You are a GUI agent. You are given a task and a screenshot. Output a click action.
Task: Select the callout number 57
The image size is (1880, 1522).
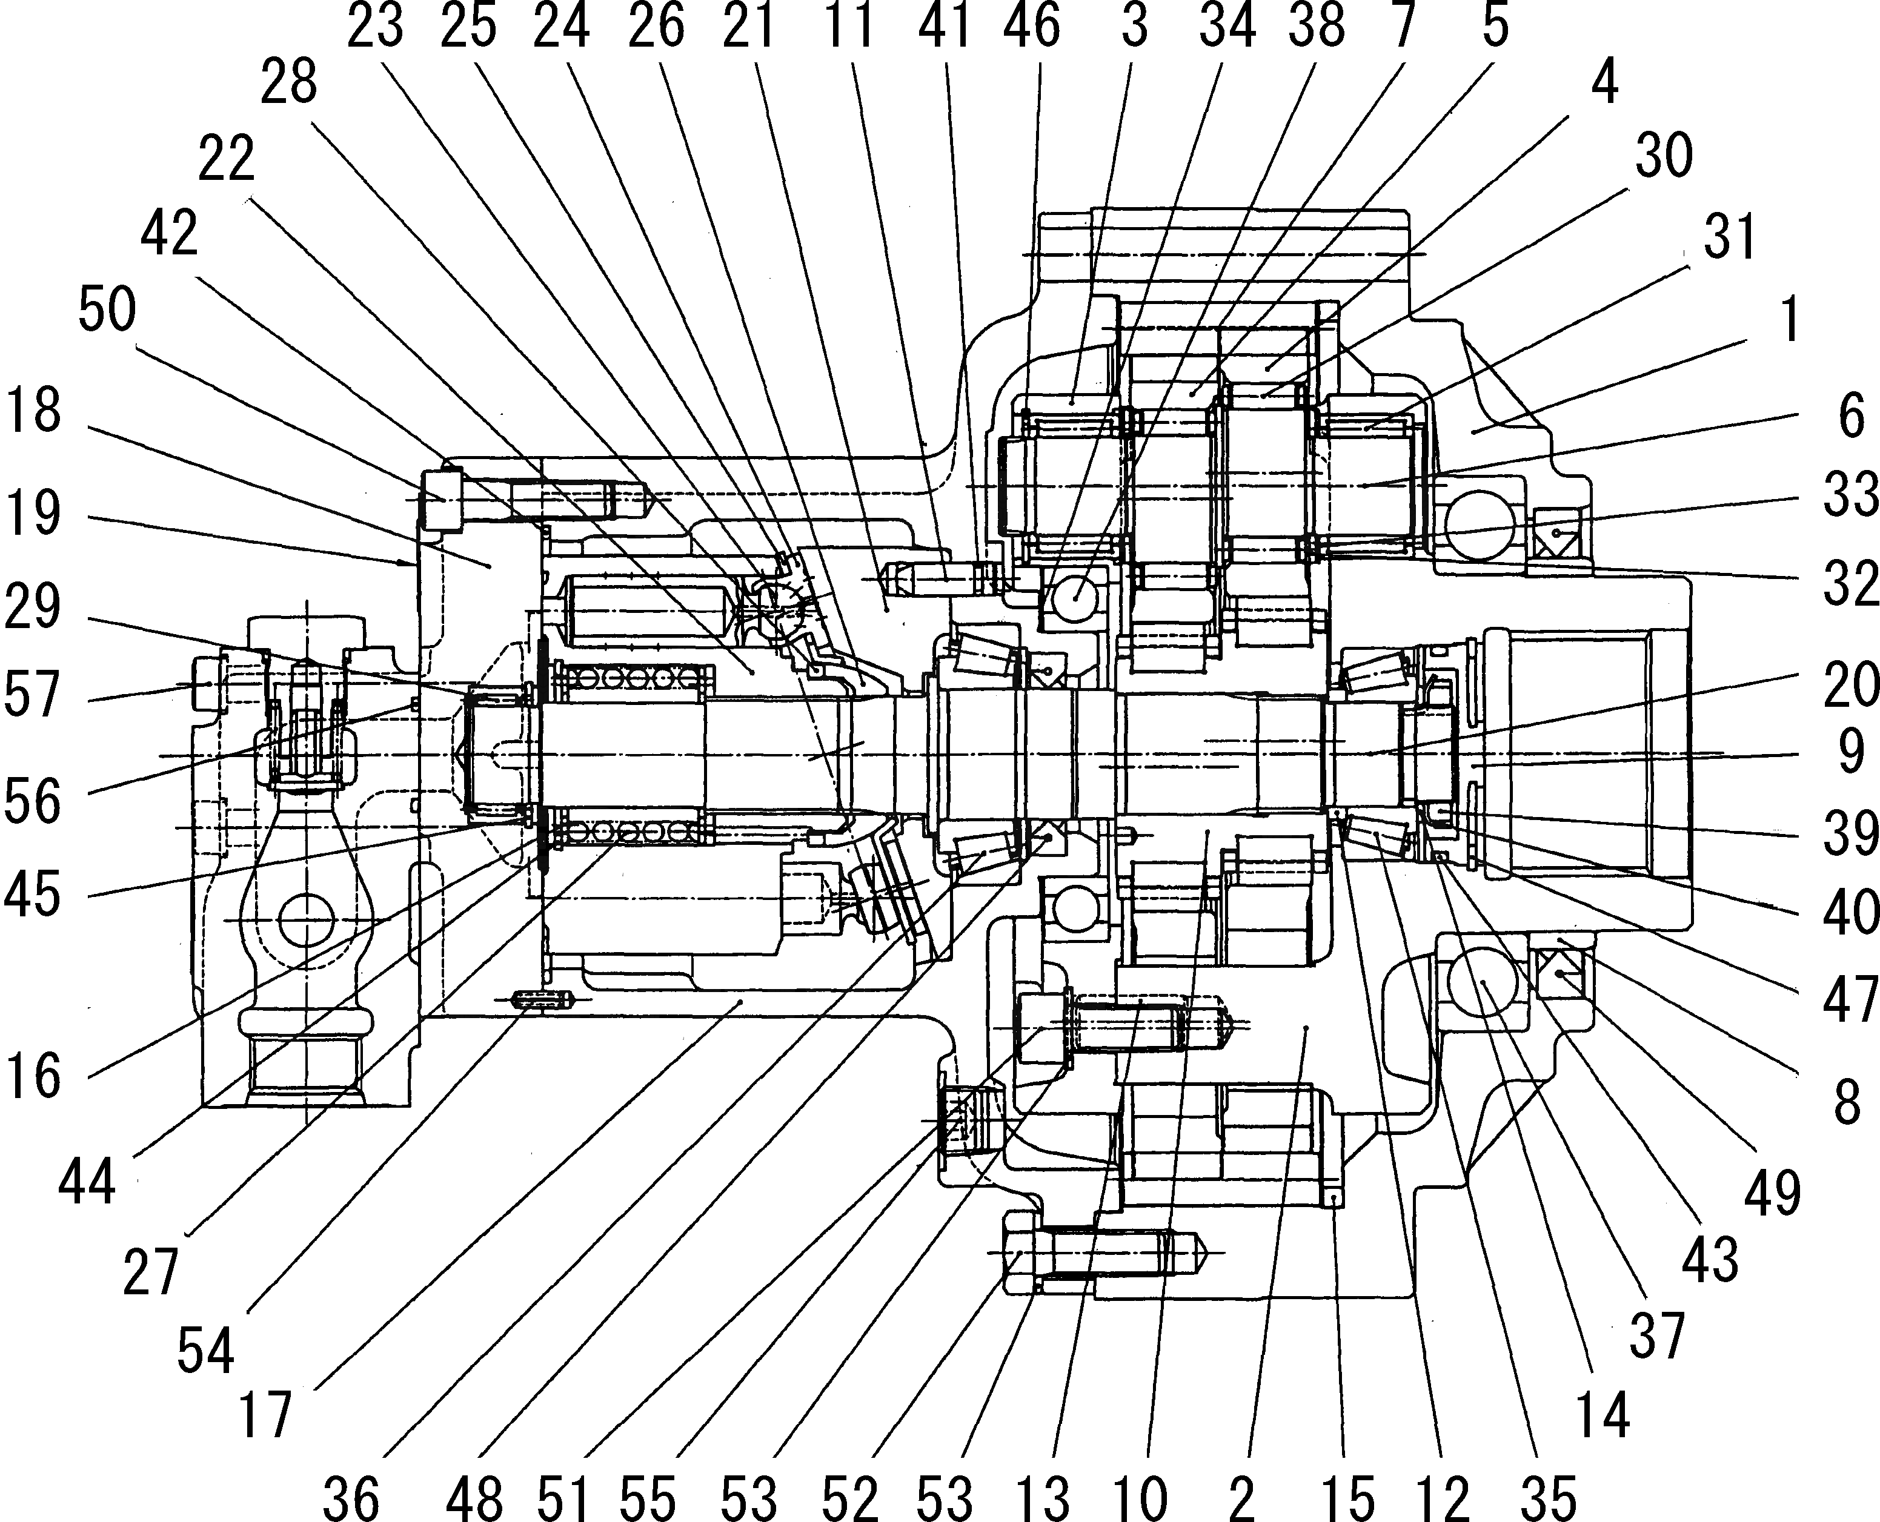(33, 695)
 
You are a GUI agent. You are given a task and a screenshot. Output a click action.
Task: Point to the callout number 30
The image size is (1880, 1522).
(1664, 156)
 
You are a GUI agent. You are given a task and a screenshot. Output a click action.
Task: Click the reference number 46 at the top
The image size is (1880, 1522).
(1032, 26)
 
